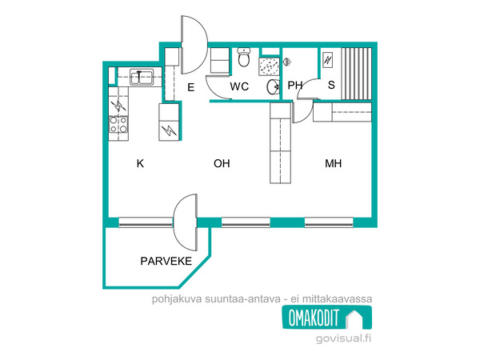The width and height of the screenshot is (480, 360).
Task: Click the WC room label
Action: pos(239,86)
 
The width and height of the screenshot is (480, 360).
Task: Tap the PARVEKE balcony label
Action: pos(166,261)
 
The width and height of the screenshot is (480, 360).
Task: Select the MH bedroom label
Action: pos(333,163)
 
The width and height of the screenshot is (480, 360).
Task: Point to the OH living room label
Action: pos(222,163)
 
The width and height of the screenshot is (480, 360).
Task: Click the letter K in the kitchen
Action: pos(140,163)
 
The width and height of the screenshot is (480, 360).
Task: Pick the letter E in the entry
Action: pos(190,87)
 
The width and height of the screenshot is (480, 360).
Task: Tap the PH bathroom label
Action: pos(294,85)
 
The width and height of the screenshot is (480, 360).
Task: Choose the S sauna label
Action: pos(331,85)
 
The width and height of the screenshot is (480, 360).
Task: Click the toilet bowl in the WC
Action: pos(244,58)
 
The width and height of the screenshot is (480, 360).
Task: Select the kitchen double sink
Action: pos(142,77)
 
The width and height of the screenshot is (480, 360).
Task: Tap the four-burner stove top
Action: pos(118,125)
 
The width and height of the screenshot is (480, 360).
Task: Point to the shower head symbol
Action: pos(286,62)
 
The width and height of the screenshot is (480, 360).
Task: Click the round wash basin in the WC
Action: pos(273,87)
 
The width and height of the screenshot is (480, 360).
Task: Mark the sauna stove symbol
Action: pos(328,60)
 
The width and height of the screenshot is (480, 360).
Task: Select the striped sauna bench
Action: pos(357,74)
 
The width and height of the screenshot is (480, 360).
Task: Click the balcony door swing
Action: pos(185,222)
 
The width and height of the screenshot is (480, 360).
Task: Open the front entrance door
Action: pos(194,45)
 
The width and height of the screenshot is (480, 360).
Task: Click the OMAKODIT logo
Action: pos(327,318)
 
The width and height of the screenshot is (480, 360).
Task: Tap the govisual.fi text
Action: pos(343,338)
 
